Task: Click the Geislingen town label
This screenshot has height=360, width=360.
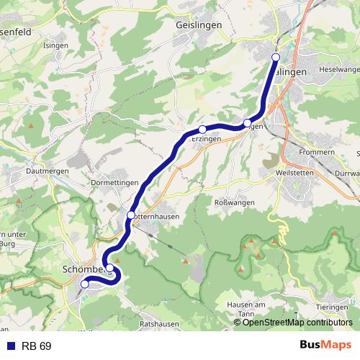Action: [x=198, y=24]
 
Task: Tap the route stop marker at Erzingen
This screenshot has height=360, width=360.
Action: [x=202, y=129]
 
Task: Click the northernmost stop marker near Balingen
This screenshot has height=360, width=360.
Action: [x=275, y=57]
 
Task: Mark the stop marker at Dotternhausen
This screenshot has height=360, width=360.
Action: [x=130, y=215]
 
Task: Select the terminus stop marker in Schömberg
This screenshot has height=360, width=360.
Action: [x=85, y=284]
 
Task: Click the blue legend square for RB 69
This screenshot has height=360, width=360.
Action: [x=10, y=346]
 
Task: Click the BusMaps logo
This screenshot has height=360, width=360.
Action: [x=325, y=346]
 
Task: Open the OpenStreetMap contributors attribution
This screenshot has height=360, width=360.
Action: [x=297, y=323]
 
